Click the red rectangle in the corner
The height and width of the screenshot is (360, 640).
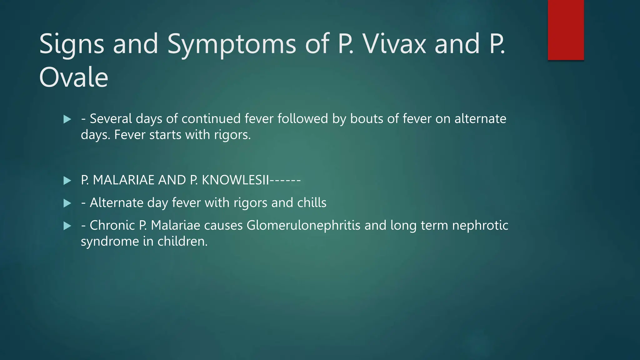coord(566,30)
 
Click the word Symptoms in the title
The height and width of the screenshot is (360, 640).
coord(232,44)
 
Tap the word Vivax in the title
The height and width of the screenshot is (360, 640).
coord(394,44)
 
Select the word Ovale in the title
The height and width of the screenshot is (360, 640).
coord(74,77)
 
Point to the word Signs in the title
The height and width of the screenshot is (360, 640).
coord(72,44)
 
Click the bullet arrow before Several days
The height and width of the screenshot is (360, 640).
coord(67,119)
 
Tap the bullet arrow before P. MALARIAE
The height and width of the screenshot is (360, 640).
coord(67,181)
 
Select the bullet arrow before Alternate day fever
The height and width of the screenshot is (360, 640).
coord(67,203)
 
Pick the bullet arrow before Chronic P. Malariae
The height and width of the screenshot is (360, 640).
coord(67,226)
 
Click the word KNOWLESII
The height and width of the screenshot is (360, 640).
coord(235,180)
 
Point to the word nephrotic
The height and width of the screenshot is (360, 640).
coord(480,226)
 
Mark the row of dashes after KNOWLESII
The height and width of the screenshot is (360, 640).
coord(285,180)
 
